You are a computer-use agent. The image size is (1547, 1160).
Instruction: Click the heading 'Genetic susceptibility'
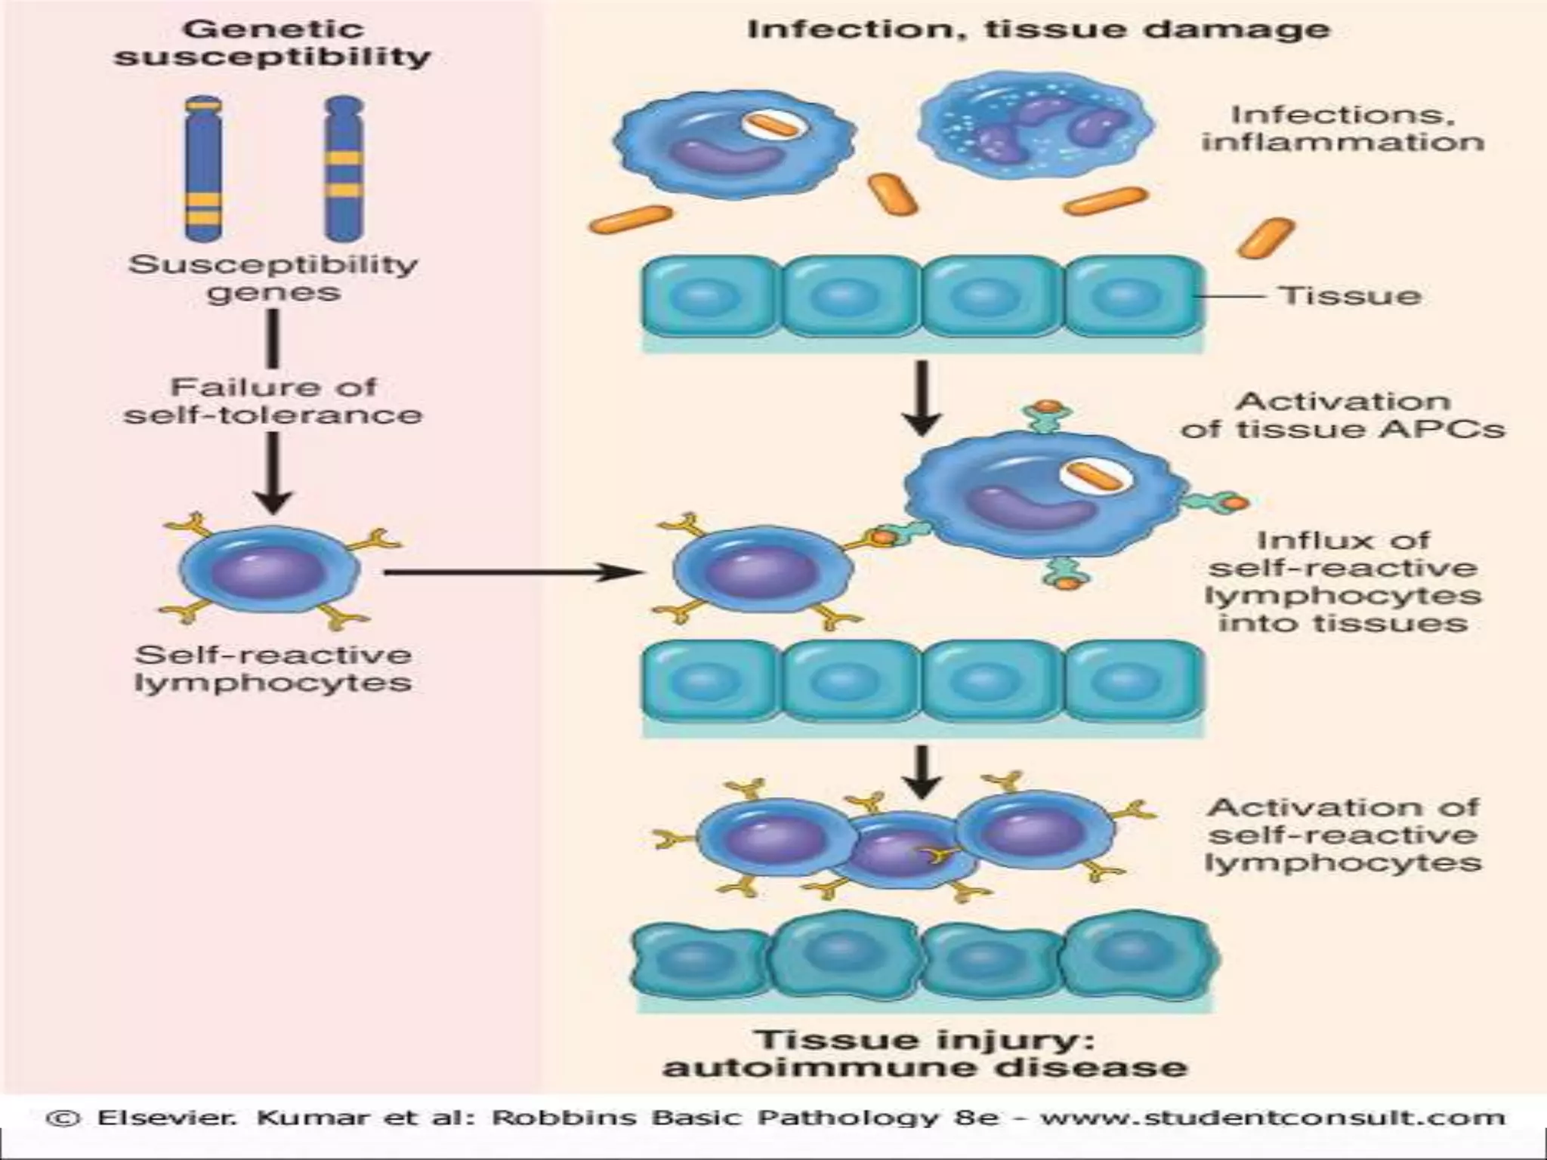tap(272, 43)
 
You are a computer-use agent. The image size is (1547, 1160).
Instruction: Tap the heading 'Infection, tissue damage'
tap(1039, 29)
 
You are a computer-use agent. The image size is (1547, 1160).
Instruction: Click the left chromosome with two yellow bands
tap(202, 168)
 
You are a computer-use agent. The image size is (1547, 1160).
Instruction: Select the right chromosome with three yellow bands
tap(344, 168)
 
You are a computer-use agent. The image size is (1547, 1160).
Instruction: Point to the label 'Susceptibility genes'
tap(272, 278)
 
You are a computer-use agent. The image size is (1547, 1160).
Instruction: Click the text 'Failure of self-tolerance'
tap(272, 400)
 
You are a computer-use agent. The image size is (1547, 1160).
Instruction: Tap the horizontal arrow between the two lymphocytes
tap(514, 572)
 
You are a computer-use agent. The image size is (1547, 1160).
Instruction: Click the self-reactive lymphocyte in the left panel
tap(270, 570)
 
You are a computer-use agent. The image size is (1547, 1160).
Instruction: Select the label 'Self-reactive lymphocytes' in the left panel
tap(273, 668)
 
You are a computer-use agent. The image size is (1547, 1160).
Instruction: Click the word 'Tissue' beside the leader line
tap(1349, 295)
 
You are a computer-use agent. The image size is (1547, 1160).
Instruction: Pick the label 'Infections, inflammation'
tap(1342, 128)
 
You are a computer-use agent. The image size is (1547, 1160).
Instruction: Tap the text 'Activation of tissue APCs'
tap(1342, 415)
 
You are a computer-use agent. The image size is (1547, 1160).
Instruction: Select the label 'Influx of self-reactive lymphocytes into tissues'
tap(1342, 582)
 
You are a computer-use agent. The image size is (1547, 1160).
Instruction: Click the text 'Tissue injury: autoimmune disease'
tap(925, 1054)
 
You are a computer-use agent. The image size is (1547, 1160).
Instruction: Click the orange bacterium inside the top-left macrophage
tap(775, 126)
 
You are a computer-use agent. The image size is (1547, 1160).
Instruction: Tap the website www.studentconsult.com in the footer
tap(1273, 1117)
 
